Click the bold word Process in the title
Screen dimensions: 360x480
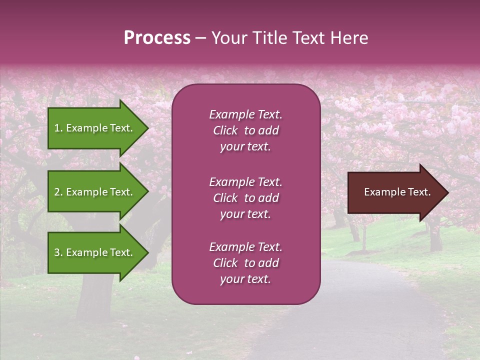(x=157, y=38)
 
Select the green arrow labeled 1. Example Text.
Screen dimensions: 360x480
(x=95, y=128)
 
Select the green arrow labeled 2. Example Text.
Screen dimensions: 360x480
(x=95, y=192)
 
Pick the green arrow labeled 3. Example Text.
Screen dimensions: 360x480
(x=95, y=252)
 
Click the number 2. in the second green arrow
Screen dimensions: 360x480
(x=58, y=192)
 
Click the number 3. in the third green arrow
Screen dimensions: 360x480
(x=58, y=252)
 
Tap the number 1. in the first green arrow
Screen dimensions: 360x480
(x=58, y=128)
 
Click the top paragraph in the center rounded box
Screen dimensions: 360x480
(x=245, y=130)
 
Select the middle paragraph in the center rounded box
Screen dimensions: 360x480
(x=245, y=198)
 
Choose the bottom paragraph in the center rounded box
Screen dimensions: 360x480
(x=245, y=263)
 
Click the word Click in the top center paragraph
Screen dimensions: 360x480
(x=225, y=130)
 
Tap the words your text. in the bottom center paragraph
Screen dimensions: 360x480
(x=245, y=279)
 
